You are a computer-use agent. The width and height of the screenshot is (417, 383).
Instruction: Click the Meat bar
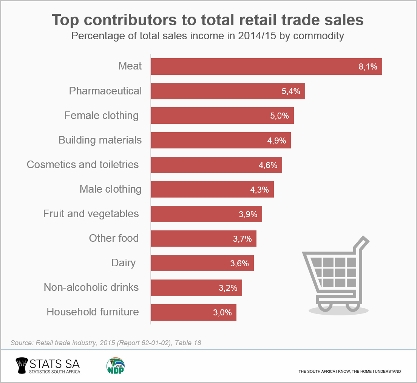pyautogui.click(x=266, y=66)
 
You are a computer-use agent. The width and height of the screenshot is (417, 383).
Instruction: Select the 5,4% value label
pyautogui.click(x=291, y=91)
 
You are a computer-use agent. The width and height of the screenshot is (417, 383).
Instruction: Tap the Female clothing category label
pyautogui.click(x=101, y=116)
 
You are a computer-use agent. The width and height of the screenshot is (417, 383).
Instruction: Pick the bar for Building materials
pyautogui.click(x=221, y=140)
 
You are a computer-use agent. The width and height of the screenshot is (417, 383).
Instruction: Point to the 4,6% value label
pyautogui.click(x=268, y=165)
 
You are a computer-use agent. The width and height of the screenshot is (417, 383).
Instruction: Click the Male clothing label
pyautogui.click(x=110, y=189)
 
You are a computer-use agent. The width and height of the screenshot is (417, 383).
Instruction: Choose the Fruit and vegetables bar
pyautogui.click(x=206, y=214)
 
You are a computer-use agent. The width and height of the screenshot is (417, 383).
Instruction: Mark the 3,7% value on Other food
pyautogui.click(x=242, y=239)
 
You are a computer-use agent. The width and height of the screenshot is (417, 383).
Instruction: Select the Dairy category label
pyautogui.click(x=123, y=263)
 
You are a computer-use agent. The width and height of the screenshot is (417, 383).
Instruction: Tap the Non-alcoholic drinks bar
pyautogui.click(x=196, y=288)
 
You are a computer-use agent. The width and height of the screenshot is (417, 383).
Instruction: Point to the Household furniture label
pyautogui.click(x=93, y=312)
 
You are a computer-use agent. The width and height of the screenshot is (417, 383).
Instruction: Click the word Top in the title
pyautogui.click(x=67, y=20)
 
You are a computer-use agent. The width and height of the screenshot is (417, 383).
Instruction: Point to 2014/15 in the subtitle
pyautogui.click(x=256, y=36)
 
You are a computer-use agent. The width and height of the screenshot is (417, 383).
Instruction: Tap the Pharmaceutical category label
pyautogui.click(x=105, y=91)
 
